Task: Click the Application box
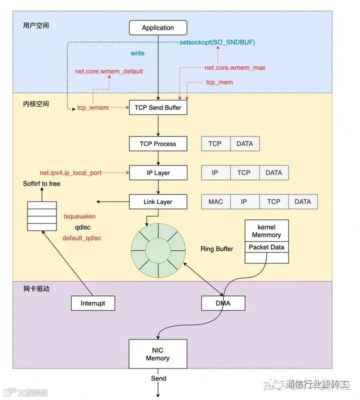click(158, 27)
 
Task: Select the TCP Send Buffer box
click(158, 107)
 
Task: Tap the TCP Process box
click(158, 144)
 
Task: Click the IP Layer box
click(158, 173)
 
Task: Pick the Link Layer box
click(158, 202)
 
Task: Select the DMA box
click(223, 303)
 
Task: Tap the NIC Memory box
click(158, 354)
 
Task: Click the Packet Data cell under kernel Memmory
click(266, 247)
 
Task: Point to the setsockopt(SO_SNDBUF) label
click(217, 42)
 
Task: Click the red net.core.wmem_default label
click(109, 71)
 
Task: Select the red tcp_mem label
click(219, 82)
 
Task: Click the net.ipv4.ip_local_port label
click(70, 173)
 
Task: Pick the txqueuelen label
click(79, 216)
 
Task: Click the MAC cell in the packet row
click(215, 202)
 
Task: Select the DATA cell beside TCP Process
click(244, 144)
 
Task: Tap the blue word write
click(137, 53)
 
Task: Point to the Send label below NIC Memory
click(158, 378)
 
